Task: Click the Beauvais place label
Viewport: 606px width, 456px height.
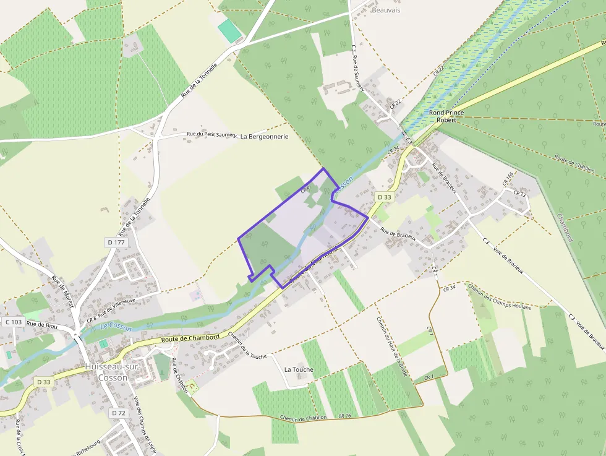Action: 387,11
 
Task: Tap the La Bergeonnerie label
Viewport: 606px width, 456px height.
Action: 264,136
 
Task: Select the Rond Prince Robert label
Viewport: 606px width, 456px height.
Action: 446,116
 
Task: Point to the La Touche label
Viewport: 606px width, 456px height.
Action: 299,369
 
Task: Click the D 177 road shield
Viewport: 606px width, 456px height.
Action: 116,243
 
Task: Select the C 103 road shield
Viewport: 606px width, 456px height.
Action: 14,322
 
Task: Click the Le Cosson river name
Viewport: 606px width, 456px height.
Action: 116,327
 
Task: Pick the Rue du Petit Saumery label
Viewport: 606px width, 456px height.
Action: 212,134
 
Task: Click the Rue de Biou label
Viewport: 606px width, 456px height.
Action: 42,325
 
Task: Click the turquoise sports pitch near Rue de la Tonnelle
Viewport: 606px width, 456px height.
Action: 230,30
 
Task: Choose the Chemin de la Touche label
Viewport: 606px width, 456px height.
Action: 247,345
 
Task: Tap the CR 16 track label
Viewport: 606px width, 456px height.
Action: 344,416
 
